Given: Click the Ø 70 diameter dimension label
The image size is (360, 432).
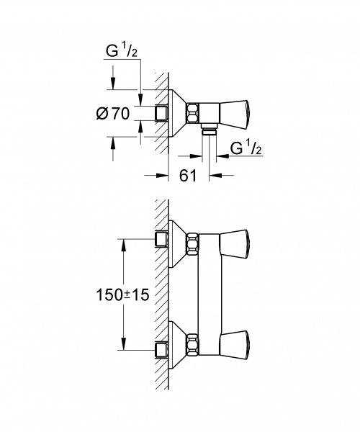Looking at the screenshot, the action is tap(113, 114).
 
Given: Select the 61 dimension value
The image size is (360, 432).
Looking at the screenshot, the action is tap(188, 176).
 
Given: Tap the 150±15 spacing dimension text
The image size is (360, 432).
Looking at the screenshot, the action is tap(122, 295).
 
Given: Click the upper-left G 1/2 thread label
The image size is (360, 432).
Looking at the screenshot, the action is tap(122, 50).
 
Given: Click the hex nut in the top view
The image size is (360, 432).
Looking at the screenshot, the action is tap(192, 113).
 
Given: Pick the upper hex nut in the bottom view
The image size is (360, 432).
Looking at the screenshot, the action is tap(192, 244).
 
